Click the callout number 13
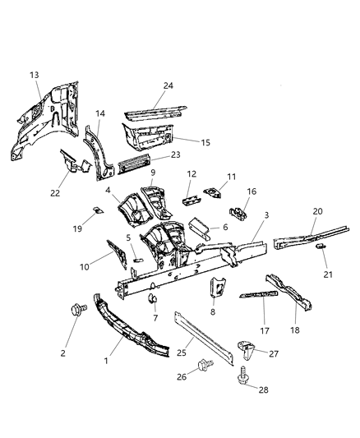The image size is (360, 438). (35, 75)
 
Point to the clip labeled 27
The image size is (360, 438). (245, 348)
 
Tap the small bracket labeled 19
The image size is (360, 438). (96, 211)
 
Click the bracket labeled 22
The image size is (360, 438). (76, 164)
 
